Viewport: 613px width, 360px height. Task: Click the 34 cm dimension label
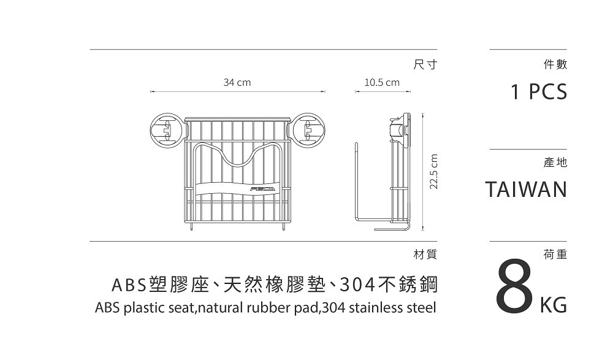pyautogui.click(x=237, y=82)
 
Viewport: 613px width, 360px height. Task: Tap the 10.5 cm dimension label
pyautogui.click(x=381, y=82)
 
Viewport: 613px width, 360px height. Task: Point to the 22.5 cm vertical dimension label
pyautogui.click(x=434, y=171)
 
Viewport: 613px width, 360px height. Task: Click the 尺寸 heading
pyautogui.click(x=425, y=64)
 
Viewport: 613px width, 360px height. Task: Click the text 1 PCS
pyautogui.click(x=539, y=93)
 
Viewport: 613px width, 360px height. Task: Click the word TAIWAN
pyautogui.click(x=526, y=190)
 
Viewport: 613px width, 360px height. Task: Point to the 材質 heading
pyautogui.click(x=425, y=253)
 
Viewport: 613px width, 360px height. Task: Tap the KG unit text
pyautogui.click(x=553, y=304)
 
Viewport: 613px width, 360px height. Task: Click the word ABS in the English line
pyautogui.click(x=108, y=307)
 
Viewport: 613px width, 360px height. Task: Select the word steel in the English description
pyautogui.click(x=421, y=307)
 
